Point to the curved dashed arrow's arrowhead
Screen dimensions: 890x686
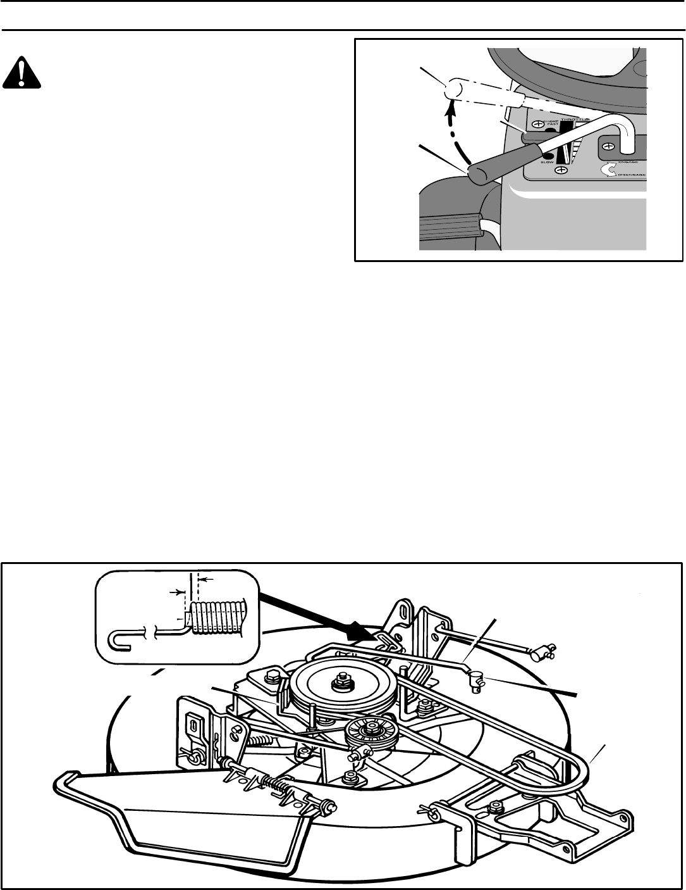coord(450,116)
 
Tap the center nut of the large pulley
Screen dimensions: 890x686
coord(341,682)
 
